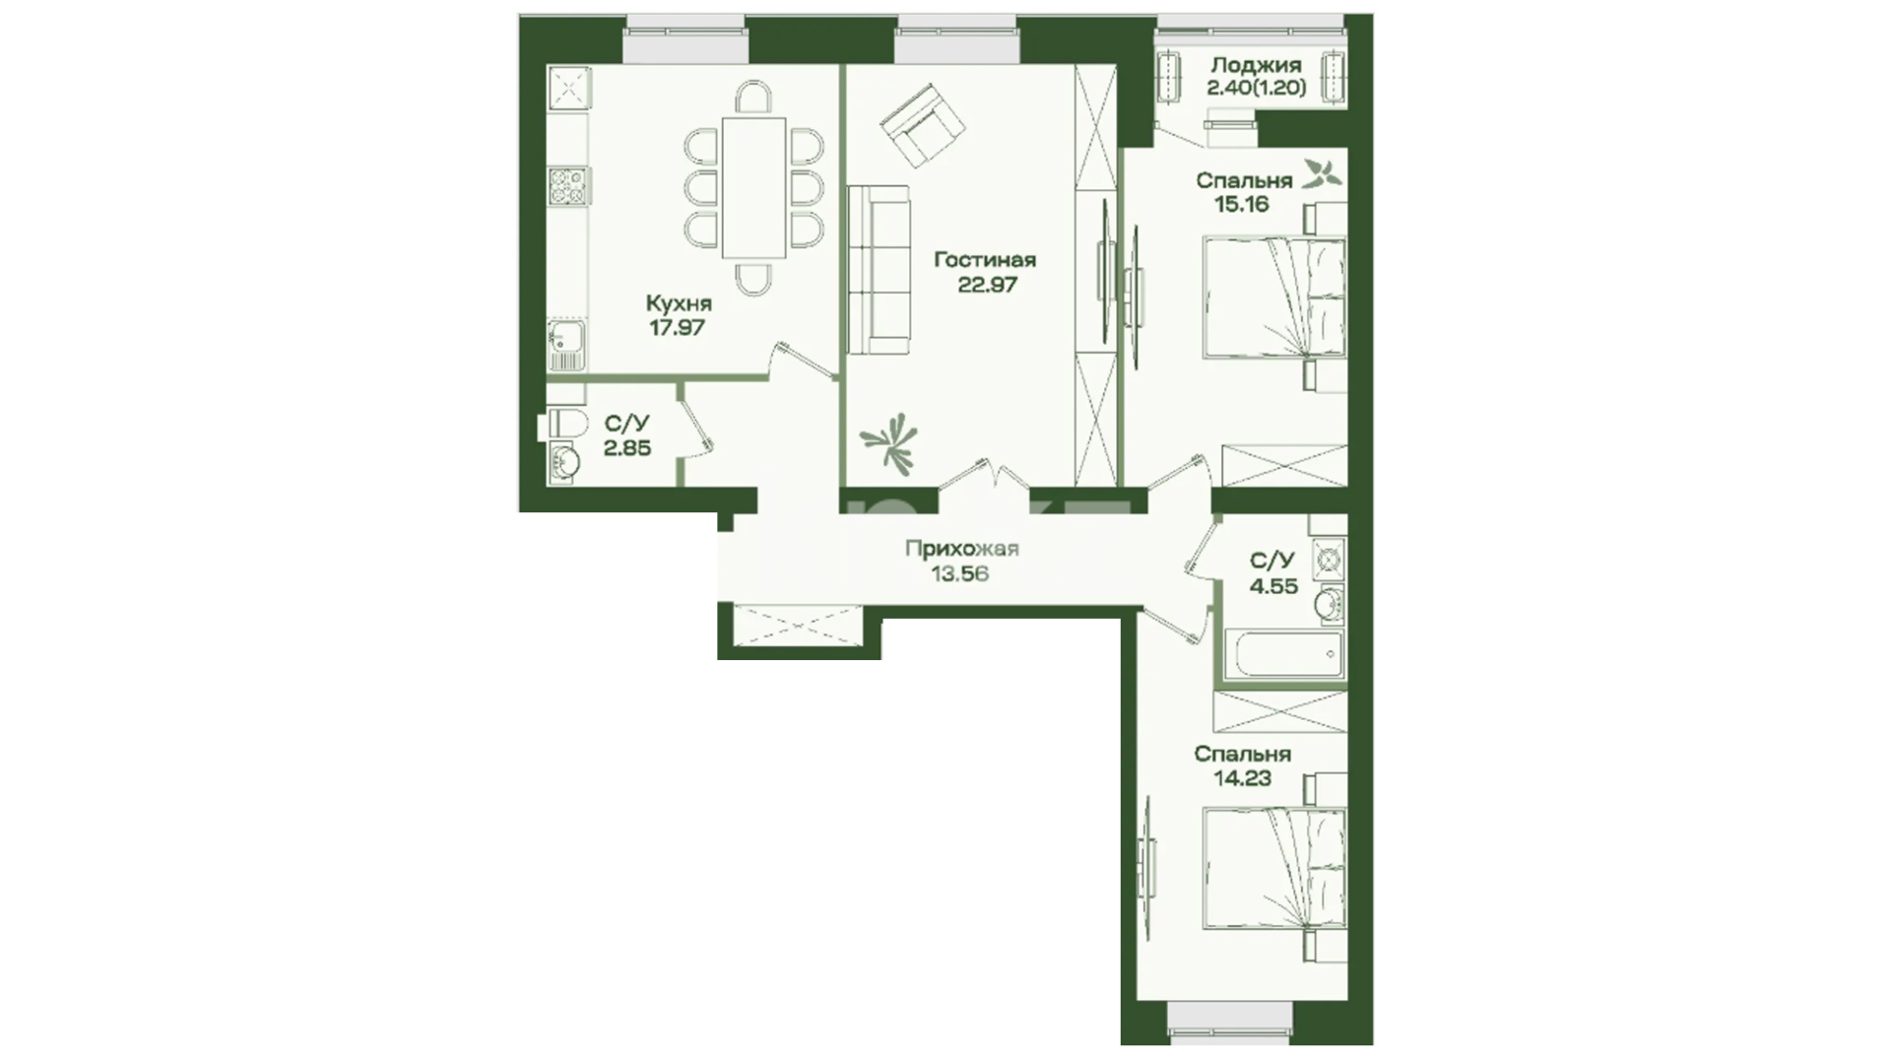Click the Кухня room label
coord(679,303)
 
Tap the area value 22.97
coord(987,285)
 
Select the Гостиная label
coord(985,260)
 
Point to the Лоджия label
coord(1256,65)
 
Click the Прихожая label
coord(961,550)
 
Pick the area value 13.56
coord(959,574)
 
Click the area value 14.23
coord(1242,778)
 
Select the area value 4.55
coord(1273,586)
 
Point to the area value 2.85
coord(627,448)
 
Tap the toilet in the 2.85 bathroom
coord(562,426)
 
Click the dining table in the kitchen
coord(754,187)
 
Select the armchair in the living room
coord(923,125)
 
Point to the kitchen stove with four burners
coord(568,185)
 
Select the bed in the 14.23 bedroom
coord(1274,868)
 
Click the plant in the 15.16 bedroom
coord(1322,174)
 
